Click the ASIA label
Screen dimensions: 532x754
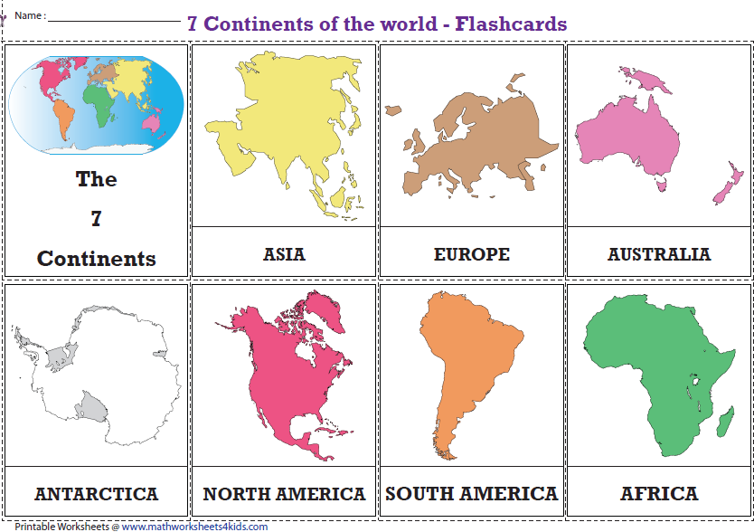coord(284,254)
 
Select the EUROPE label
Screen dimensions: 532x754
coord(471,254)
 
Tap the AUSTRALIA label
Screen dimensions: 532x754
coord(659,254)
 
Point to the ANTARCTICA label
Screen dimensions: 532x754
coord(96,494)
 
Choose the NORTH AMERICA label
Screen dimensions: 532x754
coord(284,494)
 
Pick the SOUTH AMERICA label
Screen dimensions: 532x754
coord(471,494)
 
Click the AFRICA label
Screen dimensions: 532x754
coord(659,494)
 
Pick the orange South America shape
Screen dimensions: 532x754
coord(466,353)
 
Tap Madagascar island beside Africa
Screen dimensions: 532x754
coord(725,418)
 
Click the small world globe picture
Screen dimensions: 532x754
coord(97,102)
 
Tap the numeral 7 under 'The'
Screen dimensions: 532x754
coord(96,218)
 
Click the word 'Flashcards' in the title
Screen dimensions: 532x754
coord(511,24)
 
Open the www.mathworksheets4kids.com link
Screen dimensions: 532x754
coord(194,526)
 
